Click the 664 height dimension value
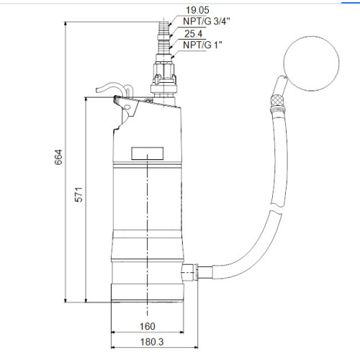pos(58,157)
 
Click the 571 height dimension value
pos(79,194)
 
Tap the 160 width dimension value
pos(148,326)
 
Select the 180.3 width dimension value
pos(152,342)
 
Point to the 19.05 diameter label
pos(197,10)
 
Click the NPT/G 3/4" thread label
pos(207,22)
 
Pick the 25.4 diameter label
pos(193,34)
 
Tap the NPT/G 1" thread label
pos(202,45)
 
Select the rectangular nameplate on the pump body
pos(148,153)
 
